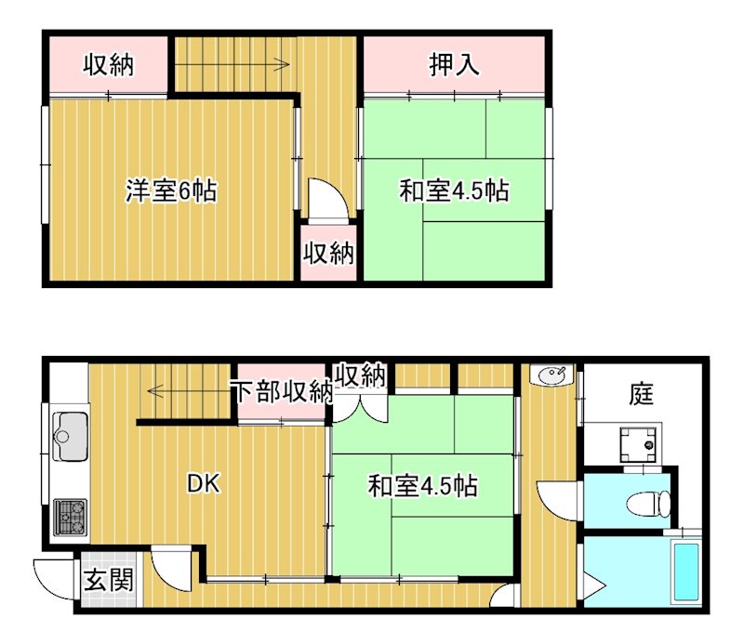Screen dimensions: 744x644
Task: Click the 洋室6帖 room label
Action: pos(171,191)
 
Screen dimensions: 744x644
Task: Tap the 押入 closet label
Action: pos(454,64)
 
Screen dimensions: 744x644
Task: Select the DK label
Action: pos(203,484)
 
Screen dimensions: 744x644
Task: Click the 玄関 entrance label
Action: pos(109,580)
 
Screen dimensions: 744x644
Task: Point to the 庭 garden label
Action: pos(641,394)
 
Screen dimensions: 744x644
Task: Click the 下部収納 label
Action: pos(284,392)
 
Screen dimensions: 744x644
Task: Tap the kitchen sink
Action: pos(71,436)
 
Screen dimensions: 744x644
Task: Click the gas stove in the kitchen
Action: pos(71,517)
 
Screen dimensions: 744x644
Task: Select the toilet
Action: pos(648,504)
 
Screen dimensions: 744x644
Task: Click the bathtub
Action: pos(686,572)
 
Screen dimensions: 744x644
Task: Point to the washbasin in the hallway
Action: pos(552,375)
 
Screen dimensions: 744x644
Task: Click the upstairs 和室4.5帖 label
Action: pos(454,191)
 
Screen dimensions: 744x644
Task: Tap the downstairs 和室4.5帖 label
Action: pos(423,486)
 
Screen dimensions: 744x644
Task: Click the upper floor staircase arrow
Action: pos(232,64)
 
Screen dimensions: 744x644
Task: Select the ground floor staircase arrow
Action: pos(190,391)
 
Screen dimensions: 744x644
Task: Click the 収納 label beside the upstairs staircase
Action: pos(109,64)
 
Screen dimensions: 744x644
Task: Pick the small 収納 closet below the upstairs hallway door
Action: pos(329,253)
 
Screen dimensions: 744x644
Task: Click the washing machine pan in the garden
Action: pos(640,444)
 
